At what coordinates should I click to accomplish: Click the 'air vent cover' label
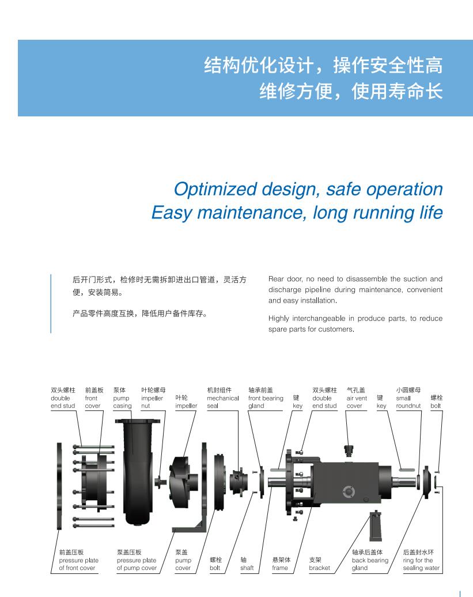[357, 398]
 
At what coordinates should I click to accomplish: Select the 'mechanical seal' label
[222, 398]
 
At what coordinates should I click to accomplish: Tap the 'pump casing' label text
[122, 398]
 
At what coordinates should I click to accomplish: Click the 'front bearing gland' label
[266, 398]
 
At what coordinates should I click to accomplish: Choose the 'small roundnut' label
[408, 398]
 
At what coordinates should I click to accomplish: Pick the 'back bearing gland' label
[370, 560]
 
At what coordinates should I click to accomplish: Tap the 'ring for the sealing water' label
[421, 560]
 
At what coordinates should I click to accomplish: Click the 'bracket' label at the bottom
[319, 564]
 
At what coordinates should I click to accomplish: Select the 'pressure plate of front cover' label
[78, 560]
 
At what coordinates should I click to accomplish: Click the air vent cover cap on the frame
[349, 450]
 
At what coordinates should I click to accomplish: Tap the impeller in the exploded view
[184, 482]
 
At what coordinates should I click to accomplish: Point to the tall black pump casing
[137, 472]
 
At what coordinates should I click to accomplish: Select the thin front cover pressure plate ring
[59, 486]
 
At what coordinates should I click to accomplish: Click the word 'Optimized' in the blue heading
[215, 189]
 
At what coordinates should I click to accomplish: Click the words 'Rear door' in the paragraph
[285, 279]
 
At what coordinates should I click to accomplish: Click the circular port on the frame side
[348, 492]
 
